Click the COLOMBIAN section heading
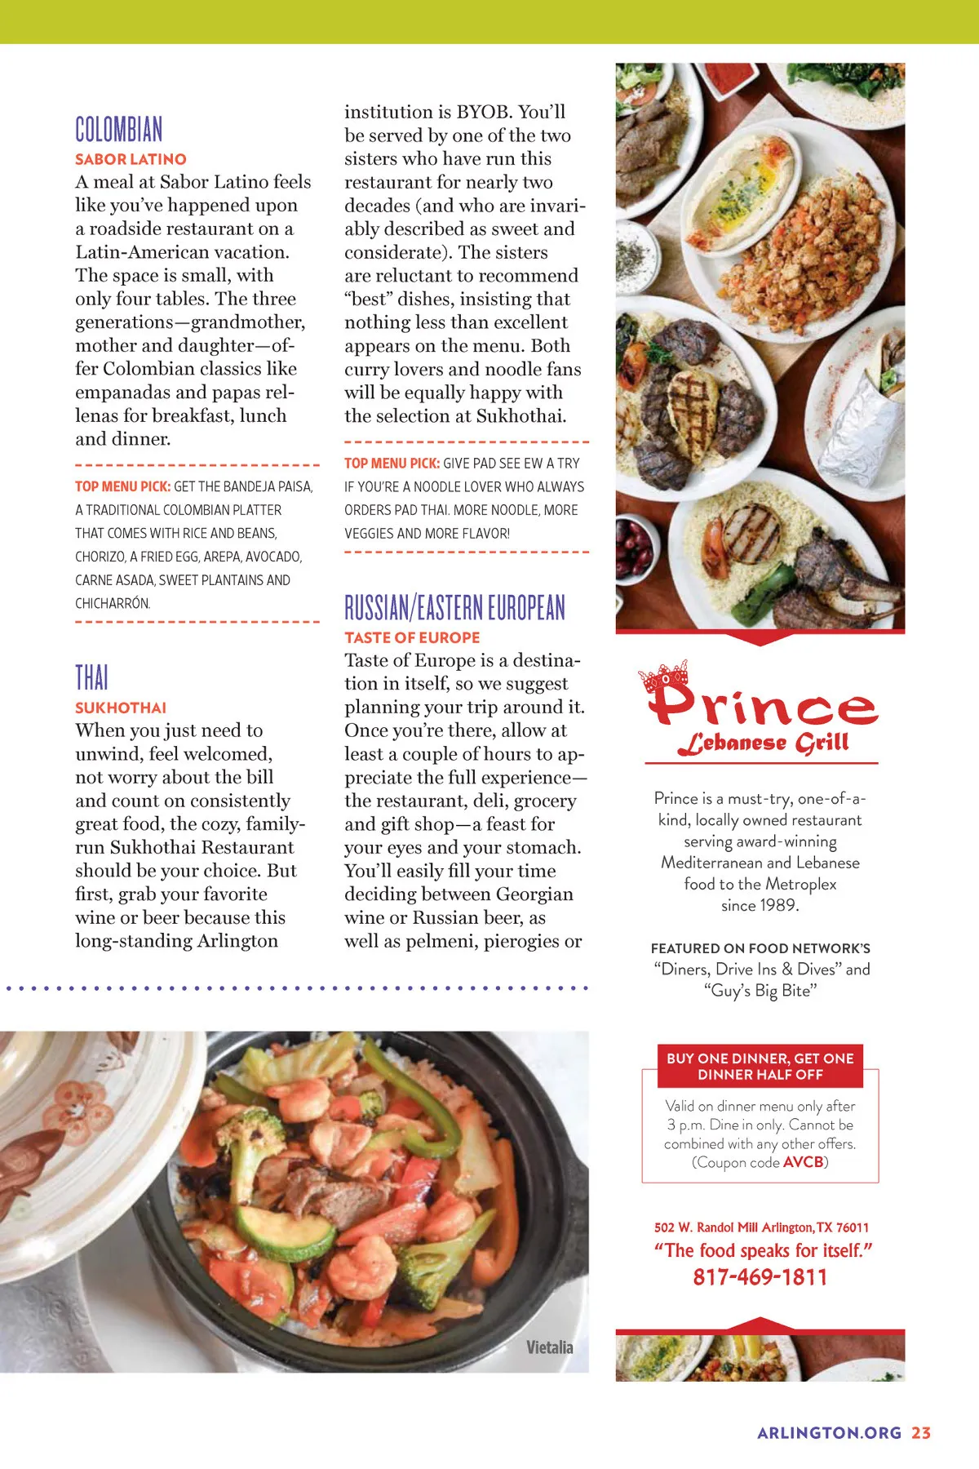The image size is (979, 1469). [119, 130]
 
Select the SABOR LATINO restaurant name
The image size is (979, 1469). [131, 159]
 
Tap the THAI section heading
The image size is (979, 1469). [91, 677]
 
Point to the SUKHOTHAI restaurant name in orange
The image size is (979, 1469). [121, 708]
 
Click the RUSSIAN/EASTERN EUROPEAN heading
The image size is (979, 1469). [454, 608]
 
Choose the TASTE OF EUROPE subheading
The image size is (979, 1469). [412, 637]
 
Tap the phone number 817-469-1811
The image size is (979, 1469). [760, 1277]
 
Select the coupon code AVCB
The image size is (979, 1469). [803, 1162]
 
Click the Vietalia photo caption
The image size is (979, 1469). [549, 1347]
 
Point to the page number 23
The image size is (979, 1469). [921, 1433]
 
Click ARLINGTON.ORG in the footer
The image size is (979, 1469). [829, 1433]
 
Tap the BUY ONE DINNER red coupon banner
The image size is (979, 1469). [760, 1067]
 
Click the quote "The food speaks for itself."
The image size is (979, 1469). [763, 1250]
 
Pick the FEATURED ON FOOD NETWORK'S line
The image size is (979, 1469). [760, 948]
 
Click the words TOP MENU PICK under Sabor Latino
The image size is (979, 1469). [122, 486]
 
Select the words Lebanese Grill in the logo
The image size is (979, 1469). [764, 743]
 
